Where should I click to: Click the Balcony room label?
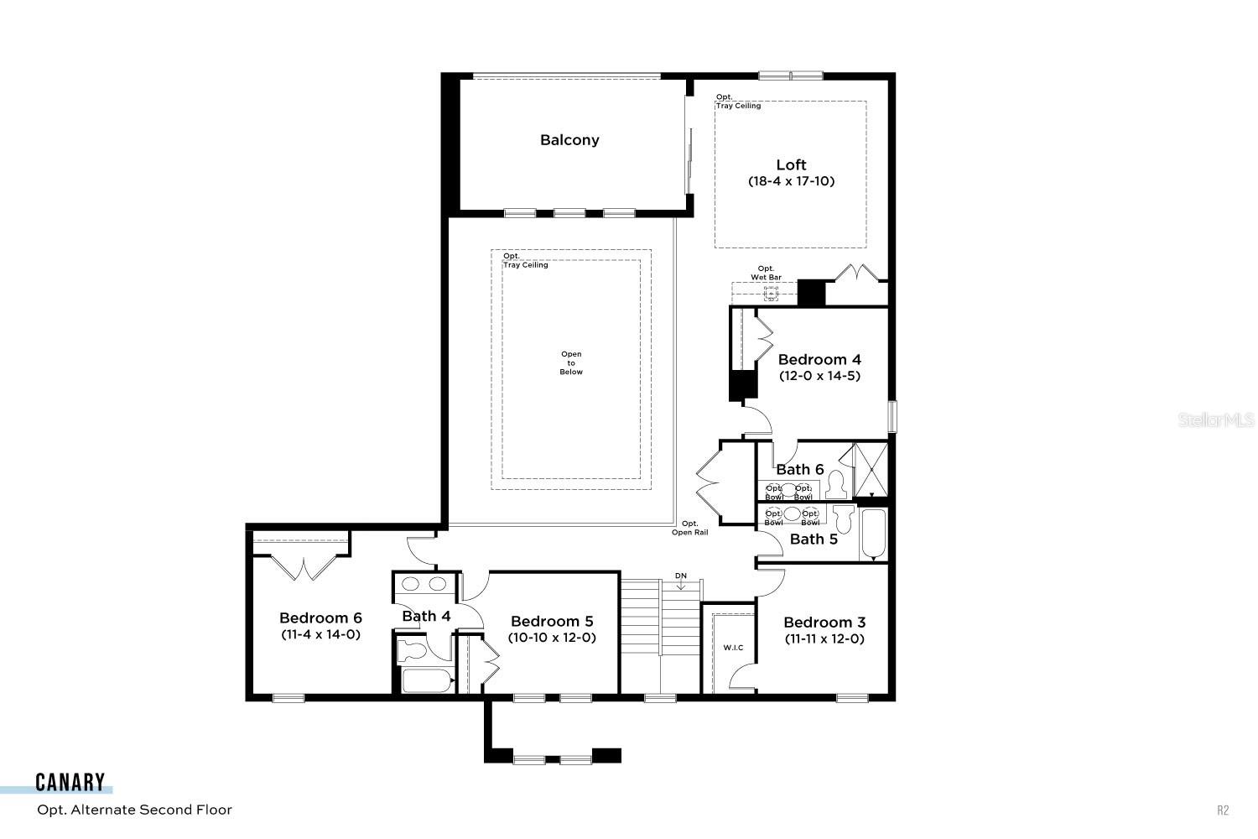569,140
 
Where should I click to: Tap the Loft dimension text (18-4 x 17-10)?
791,181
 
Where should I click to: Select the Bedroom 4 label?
819,360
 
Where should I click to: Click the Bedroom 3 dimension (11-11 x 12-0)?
824,638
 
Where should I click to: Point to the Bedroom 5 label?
552,622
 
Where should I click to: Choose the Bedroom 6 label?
320,618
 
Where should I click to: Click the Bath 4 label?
426,617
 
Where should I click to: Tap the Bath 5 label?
814,539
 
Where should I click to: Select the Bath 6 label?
799,470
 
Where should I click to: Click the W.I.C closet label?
733,648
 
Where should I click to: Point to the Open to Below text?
571,363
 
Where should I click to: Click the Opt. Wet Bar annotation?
766,273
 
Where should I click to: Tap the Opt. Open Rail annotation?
689,528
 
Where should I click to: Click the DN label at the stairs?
681,576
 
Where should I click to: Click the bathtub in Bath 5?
873,534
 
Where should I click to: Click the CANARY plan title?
70,784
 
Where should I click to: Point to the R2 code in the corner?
1223,810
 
